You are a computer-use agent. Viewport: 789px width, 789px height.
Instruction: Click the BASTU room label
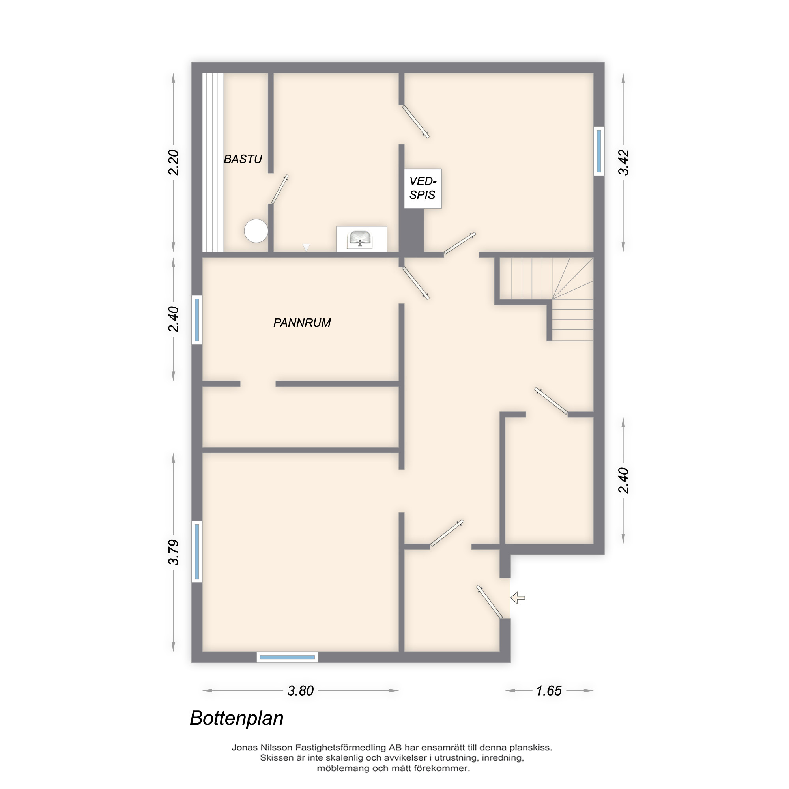pos(243,159)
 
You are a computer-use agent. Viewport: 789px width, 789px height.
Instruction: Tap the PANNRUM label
pos(302,323)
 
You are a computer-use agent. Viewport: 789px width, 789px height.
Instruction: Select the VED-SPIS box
pos(423,188)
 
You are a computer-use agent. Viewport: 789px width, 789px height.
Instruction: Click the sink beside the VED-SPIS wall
pos(359,239)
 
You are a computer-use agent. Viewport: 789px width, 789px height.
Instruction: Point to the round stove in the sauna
pos(256,231)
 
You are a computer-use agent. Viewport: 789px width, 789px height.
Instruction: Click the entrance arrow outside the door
pos(518,598)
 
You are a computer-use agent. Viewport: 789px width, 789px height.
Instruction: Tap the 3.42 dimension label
pos(623,163)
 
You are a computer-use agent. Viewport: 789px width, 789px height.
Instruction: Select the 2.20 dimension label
pos(174,163)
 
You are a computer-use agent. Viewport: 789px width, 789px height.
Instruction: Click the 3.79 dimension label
pos(174,552)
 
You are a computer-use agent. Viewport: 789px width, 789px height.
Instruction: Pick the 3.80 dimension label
pos(301,691)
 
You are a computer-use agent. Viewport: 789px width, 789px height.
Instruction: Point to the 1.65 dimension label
pos(549,691)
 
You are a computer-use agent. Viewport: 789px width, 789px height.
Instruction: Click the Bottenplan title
pos(236,718)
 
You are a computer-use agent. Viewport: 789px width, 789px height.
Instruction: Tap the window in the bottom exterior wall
pos(287,658)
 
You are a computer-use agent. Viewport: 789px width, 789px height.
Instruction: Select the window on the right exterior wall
pos(599,151)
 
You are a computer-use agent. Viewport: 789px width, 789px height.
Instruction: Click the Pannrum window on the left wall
pos(197,320)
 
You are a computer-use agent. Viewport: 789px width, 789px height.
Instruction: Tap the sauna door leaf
pos(280,189)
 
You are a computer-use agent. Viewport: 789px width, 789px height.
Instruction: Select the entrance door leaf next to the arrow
pos(489,602)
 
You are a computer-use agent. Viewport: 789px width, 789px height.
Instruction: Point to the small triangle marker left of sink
pos(306,247)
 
